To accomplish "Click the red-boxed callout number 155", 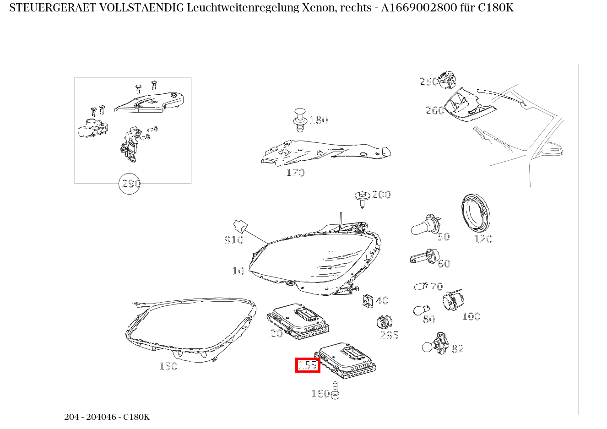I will coord(308,365).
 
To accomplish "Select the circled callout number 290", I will coord(129,184).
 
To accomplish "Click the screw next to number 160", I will coord(335,391).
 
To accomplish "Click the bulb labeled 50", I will coord(424,225).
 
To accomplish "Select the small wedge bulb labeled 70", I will coord(420,287).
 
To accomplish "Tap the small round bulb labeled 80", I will coord(419,310).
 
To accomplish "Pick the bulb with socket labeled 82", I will coord(435,344).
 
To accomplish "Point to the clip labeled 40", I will coord(368,301).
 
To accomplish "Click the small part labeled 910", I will coord(240,226).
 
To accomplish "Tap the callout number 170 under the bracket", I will coord(295,173).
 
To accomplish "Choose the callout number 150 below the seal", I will coord(168,366).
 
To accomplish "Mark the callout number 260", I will coord(434,110).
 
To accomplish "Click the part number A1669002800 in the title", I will coord(415,8).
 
